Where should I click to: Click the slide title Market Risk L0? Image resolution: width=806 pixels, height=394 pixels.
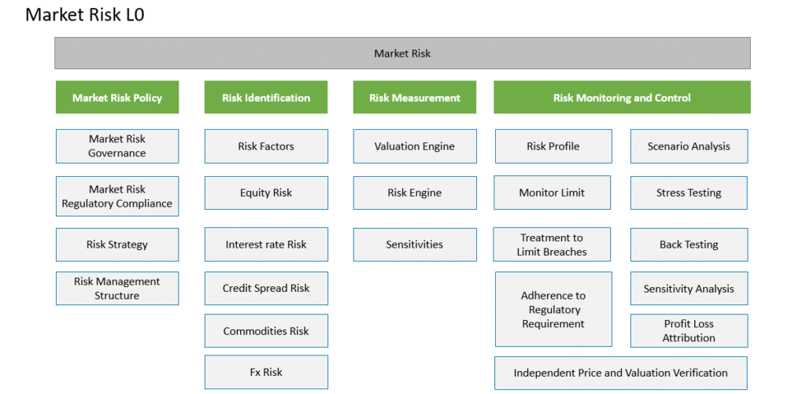click(x=85, y=15)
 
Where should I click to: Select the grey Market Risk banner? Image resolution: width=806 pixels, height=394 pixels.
click(x=402, y=53)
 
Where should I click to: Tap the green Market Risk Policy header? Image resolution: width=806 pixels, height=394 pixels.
click(x=117, y=97)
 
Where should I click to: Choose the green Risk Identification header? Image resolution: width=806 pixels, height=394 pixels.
click(x=266, y=97)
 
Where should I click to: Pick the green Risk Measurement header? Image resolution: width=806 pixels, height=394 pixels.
click(x=415, y=97)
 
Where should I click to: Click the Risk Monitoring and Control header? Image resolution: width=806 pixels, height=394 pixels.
click(x=622, y=97)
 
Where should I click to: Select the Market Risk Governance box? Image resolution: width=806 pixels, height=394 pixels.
click(x=117, y=146)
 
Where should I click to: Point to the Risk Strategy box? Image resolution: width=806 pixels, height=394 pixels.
click(x=117, y=245)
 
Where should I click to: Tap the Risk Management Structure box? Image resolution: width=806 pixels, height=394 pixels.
click(x=117, y=288)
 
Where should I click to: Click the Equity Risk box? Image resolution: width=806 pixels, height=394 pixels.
click(x=266, y=193)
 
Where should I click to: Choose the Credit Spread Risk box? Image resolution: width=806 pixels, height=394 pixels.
click(x=266, y=288)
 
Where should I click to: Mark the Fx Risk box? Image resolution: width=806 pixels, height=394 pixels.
click(x=266, y=372)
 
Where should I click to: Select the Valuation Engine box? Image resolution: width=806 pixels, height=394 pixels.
click(x=415, y=146)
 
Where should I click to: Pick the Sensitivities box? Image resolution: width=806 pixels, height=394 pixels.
click(x=415, y=245)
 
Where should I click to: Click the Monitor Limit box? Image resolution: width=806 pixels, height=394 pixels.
click(x=552, y=193)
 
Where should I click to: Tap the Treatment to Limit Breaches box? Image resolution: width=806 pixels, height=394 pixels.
click(x=552, y=245)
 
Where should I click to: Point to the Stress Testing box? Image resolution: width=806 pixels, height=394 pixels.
click(x=689, y=193)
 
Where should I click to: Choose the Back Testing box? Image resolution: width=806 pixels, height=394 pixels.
click(x=690, y=245)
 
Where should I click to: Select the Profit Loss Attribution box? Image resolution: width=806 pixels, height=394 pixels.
click(x=690, y=330)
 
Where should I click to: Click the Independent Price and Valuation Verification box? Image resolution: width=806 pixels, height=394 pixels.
click(x=621, y=373)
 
